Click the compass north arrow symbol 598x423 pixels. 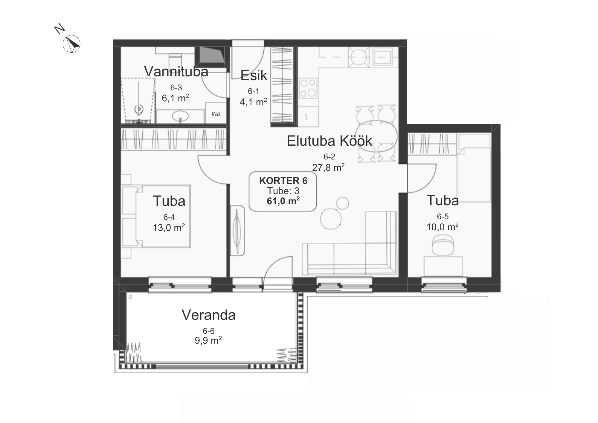[71, 44]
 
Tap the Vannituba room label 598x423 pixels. [176, 71]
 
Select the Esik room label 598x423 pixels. [254, 75]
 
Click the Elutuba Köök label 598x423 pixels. [329, 141]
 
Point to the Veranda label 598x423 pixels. [209, 315]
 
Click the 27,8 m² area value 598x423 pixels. [328, 167]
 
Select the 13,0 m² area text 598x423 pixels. [169, 228]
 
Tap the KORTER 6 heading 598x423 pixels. [283, 181]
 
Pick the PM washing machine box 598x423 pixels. [216, 113]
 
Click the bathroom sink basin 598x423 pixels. [181, 115]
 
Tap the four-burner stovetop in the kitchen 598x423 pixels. [308, 88]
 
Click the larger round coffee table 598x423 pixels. [331, 219]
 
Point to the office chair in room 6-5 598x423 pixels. [443, 245]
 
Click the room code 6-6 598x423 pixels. [209, 331]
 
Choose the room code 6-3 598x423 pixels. [176, 88]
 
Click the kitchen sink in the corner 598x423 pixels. [383, 57]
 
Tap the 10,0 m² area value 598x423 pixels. [443, 227]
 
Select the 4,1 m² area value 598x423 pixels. [253, 102]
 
